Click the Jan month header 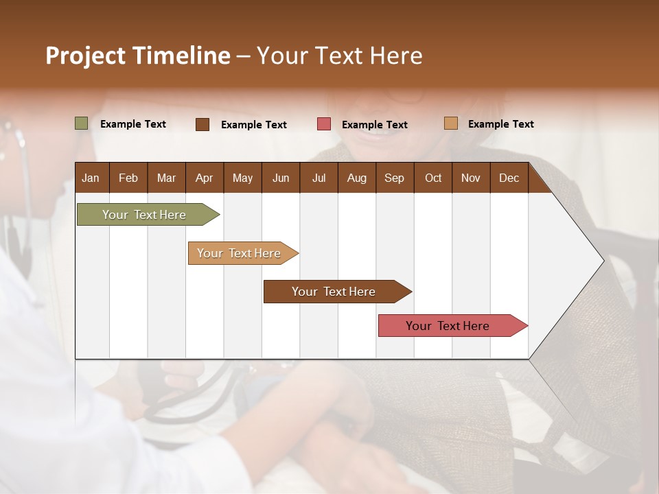pos(91,178)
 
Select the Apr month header pos(204,178)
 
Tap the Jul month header pos(319,178)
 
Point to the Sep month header pos(394,178)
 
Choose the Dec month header pos(509,178)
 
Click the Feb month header pos(128,178)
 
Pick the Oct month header pos(433,178)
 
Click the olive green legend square pos(82,123)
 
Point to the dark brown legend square pos(203,124)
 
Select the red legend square pos(324,124)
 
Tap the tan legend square pos(451,123)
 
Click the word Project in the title pos(86,56)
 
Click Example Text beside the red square pos(374,125)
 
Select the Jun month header pos(281,178)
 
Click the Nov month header pos(471,178)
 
